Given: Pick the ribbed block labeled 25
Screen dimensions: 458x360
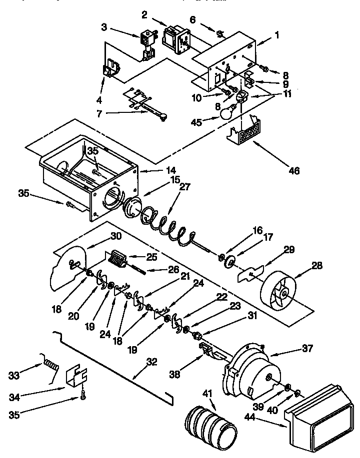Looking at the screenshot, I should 117,259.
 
